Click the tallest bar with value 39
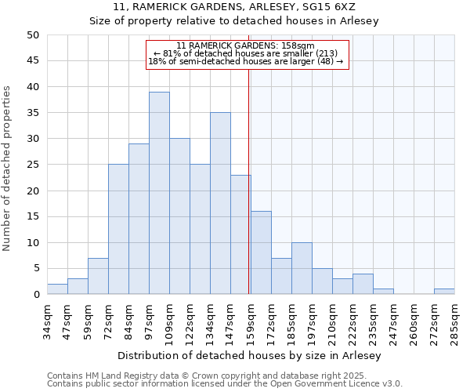[159, 193]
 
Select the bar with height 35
[220, 203]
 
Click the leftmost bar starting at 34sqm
[57, 289]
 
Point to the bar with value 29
[139, 219]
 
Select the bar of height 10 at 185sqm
[302, 268]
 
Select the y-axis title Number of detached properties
[8, 169]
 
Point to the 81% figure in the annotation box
[172, 53]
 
